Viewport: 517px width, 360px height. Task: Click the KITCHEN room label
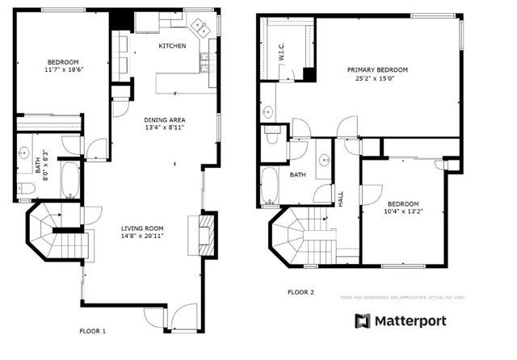click(172, 46)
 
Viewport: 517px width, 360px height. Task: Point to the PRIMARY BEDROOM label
click(377, 70)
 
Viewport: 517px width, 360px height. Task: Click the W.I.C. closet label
click(281, 54)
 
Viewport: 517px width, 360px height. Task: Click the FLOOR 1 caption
click(92, 331)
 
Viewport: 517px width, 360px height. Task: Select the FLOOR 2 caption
click(301, 292)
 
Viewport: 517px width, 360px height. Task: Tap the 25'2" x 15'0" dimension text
click(377, 79)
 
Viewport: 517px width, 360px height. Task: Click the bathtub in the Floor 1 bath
click(70, 179)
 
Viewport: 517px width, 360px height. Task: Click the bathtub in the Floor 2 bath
click(269, 186)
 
